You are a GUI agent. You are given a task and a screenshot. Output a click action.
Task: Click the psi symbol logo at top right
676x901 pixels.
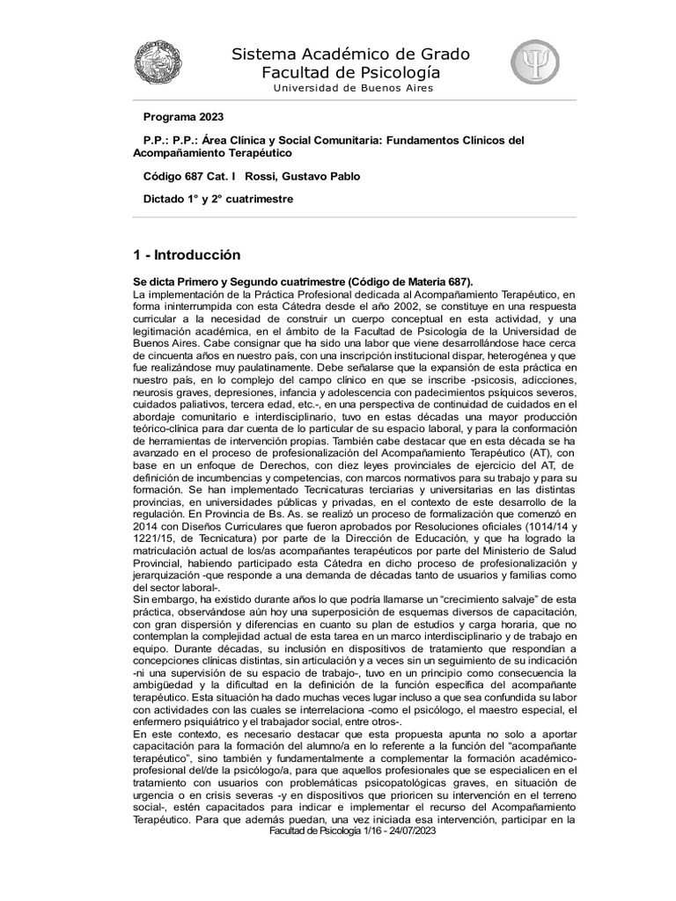pyautogui.click(x=536, y=65)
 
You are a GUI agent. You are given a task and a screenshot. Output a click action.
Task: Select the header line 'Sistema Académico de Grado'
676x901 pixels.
pyautogui.click(x=350, y=55)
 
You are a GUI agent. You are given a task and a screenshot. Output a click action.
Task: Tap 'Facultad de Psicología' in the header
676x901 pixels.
pyautogui.click(x=351, y=73)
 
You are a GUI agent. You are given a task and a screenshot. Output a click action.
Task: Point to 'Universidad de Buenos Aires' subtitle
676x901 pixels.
pyautogui.click(x=352, y=89)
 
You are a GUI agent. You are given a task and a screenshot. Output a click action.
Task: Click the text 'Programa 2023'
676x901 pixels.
pyautogui.click(x=183, y=116)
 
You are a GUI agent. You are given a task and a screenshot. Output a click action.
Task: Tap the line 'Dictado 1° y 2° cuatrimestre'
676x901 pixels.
pyautogui.click(x=218, y=199)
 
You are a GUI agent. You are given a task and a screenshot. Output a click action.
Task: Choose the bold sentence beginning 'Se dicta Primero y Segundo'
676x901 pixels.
pyautogui.click(x=303, y=280)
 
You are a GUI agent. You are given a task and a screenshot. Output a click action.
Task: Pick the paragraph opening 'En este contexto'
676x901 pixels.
pyautogui.click(x=172, y=734)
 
